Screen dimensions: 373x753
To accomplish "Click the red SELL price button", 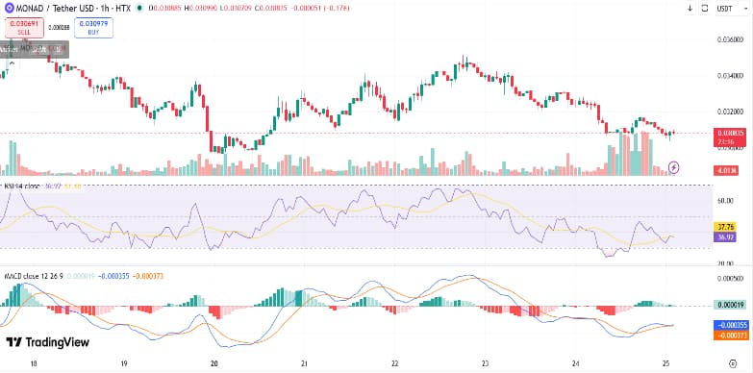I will point(23,28).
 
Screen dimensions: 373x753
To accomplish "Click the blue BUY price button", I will point(93,28).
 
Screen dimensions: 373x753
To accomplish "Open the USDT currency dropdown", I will point(732,9).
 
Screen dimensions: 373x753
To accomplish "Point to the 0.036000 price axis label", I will point(731,39).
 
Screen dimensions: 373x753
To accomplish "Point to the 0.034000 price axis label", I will point(731,75).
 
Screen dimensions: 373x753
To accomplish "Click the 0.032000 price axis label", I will point(731,112).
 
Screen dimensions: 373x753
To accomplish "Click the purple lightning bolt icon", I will point(674,167).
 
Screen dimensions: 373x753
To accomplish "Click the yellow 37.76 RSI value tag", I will point(726,227).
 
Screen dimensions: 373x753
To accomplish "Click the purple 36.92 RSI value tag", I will point(726,236).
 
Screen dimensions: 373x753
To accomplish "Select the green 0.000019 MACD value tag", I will point(726,305).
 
